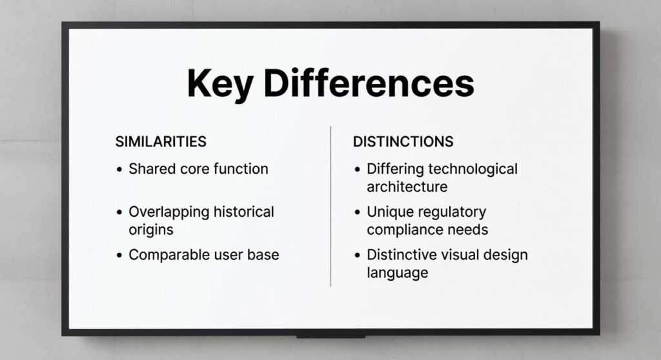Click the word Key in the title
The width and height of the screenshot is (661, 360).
218,83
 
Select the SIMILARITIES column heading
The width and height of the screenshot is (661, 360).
161,141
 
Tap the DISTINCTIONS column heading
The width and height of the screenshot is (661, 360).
403,141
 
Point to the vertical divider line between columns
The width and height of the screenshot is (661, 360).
330,206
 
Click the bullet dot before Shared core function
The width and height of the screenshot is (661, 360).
119,170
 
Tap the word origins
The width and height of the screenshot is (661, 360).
151,229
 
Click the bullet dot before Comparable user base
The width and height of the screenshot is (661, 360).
119,255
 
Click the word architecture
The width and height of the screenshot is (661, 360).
407,186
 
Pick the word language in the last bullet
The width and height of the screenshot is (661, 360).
397,272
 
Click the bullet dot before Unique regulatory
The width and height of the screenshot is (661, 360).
358,212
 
